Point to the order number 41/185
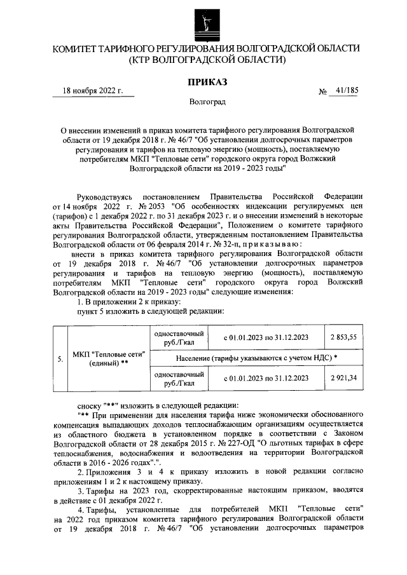pyautogui.click(x=345, y=90)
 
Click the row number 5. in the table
pyautogui.click(x=59, y=358)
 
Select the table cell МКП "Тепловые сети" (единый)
pyautogui.click(x=109, y=358)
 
